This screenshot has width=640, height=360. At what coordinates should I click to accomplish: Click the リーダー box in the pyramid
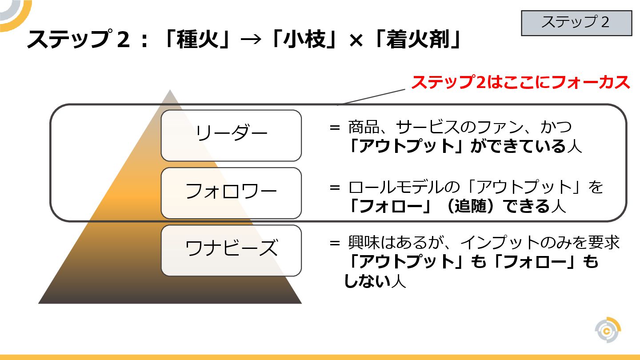click(x=231, y=135)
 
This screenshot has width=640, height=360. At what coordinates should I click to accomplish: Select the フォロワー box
click(x=231, y=193)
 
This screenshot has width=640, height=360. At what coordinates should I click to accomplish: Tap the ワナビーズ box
click(x=231, y=250)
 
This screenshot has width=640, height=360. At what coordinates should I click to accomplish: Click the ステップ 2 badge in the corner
click(x=576, y=23)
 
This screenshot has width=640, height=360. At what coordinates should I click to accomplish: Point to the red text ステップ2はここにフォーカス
click(x=520, y=83)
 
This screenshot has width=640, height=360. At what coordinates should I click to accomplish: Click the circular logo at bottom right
click(x=608, y=330)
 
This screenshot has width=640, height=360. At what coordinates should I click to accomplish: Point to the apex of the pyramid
click(x=170, y=91)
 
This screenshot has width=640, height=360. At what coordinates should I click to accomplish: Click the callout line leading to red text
click(x=372, y=96)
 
